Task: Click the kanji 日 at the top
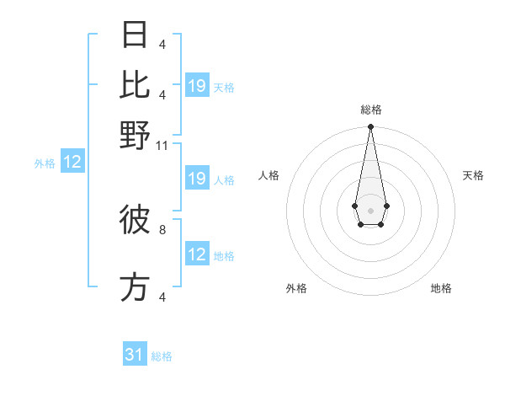(x=136, y=35)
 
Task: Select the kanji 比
(x=136, y=85)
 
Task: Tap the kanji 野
(x=136, y=136)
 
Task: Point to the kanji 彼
(x=136, y=220)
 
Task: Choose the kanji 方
(x=136, y=287)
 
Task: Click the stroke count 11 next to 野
(x=162, y=146)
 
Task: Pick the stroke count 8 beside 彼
(x=162, y=228)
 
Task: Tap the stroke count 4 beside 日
(x=162, y=45)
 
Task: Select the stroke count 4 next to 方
(x=162, y=297)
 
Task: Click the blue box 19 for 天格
(x=197, y=86)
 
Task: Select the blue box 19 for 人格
(x=197, y=179)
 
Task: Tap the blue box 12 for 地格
(x=197, y=254)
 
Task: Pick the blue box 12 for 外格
(x=72, y=163)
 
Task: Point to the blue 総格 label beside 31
(x=162, y=356)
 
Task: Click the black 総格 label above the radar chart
(x=371, y=110)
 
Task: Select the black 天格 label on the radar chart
(x=474, y=175)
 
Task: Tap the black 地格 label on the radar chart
(x=441, y=288)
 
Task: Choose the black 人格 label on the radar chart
(x=269, y=175)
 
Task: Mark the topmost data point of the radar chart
(x=370, y=127)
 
